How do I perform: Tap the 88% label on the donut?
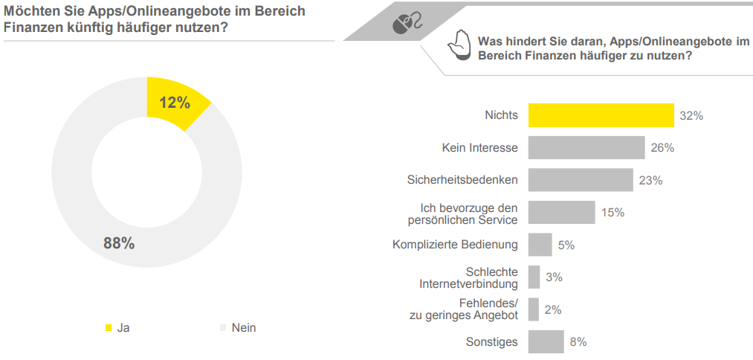pos(119,242)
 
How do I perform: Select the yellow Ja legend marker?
pos(109,327)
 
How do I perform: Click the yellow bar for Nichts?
pos(601,115)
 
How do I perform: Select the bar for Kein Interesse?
pos(586,148)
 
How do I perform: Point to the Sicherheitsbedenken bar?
pos(580,180)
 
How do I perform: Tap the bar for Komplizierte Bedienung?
pos(540,245)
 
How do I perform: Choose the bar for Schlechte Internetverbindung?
pos(534,277)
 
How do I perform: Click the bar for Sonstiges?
pos(546,342)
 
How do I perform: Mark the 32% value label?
pos(691,116)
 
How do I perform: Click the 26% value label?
pos(662,148)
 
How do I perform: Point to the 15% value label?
pos(613,213)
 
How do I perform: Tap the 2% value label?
pos(552,309)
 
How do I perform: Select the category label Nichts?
pos(501,116)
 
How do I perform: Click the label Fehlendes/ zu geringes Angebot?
pos(464,309)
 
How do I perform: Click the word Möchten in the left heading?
pos(30,11)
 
